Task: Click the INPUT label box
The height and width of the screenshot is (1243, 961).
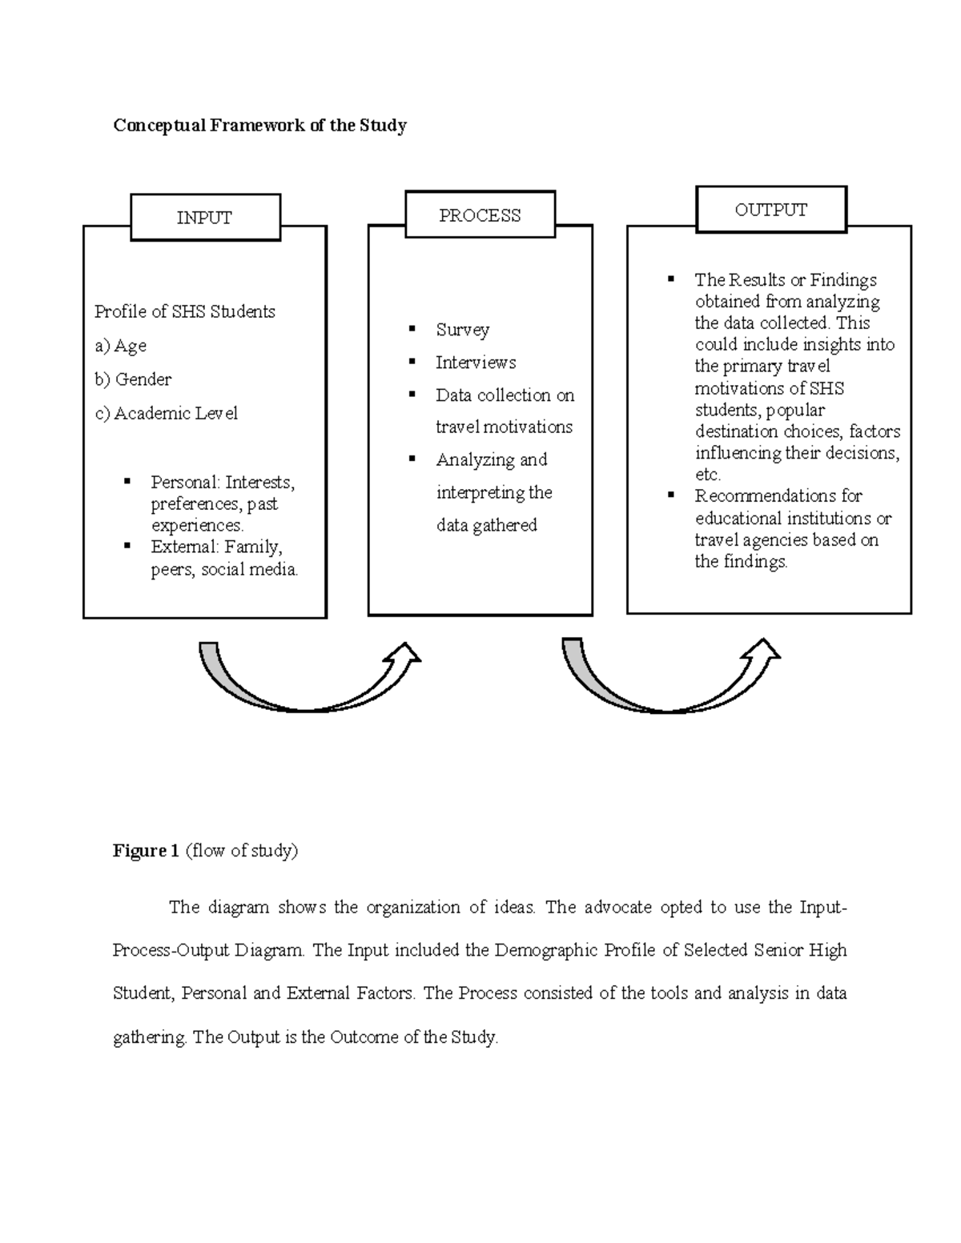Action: pyautogui.click(x=205, y=218)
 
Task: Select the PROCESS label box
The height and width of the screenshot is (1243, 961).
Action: pyautogui.click(x=480, y=215)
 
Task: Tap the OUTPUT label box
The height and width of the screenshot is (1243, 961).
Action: pyautogui.click(x=771, y=210)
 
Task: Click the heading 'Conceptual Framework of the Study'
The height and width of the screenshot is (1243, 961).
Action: pyautogui.click(x=259, y=126)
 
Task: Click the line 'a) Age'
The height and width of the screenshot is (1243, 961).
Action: pyautogui.click(x=120, y=346)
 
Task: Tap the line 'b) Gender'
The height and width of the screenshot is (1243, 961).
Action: pyautogui.click(x=133, y=379)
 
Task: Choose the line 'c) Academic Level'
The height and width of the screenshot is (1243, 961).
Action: pyautogui.click(x=166, y=414)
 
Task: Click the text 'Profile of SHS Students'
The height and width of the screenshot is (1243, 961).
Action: pyautogui.click(x=185, y=311)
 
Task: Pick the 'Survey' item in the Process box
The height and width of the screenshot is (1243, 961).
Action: pyautogui.click(x=462, y=330)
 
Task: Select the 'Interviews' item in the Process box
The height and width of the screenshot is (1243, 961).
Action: pyautogui.click(x=476, y=363)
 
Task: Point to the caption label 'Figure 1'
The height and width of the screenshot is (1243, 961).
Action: pyautogui.click(x=146, y=851)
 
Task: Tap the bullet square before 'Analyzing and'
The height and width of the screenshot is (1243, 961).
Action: pyautogui.click(x=412, y=458)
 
